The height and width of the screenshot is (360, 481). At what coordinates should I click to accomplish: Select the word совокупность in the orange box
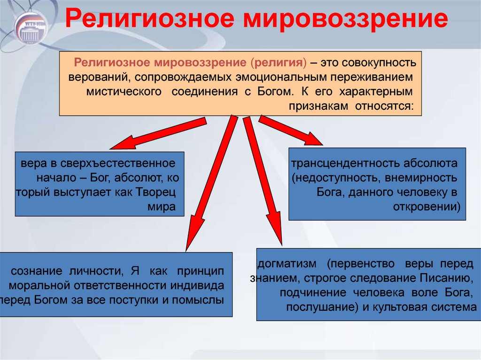(379, 63)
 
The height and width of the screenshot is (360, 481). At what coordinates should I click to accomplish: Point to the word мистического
(124, 92)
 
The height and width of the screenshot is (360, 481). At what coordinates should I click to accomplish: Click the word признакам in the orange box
(318, 107)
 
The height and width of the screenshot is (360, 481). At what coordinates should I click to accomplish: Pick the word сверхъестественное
(117, 163)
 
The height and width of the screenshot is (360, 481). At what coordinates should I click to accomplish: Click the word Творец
(155, 192)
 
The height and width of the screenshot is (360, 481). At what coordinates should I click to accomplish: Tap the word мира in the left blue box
(162, 207)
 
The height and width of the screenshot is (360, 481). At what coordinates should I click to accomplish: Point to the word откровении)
(427, 207)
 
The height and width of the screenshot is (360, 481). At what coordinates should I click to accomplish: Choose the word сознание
(37, 271)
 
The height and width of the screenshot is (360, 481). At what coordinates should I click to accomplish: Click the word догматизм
(287, 264)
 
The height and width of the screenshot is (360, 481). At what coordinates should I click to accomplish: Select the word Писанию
(445, 278)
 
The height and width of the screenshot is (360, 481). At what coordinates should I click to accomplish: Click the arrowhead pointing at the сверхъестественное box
(124, 143)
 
